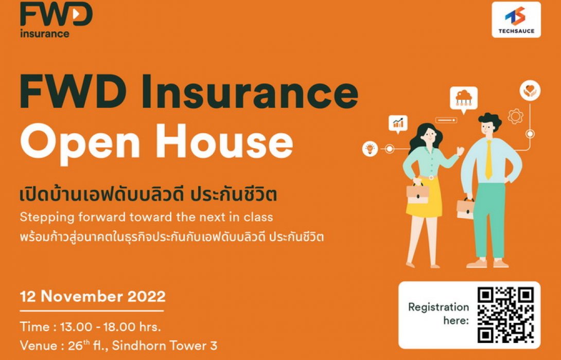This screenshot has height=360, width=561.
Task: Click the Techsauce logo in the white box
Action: click(516, 20)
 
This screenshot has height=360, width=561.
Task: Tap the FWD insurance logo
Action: click(56, 20)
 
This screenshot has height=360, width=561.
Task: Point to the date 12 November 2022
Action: click(93, 297)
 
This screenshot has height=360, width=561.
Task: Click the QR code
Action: click(505, 315)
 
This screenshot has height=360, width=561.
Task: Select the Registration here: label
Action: click(438, 314)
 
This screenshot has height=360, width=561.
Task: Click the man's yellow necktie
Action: click(488, 159)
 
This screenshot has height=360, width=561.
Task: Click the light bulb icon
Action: click(370, 149)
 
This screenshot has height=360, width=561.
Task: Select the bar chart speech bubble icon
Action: click(398, 123)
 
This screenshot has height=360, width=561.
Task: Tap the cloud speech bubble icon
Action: click(463, 98)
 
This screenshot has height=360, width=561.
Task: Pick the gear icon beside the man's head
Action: click(515, 117)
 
